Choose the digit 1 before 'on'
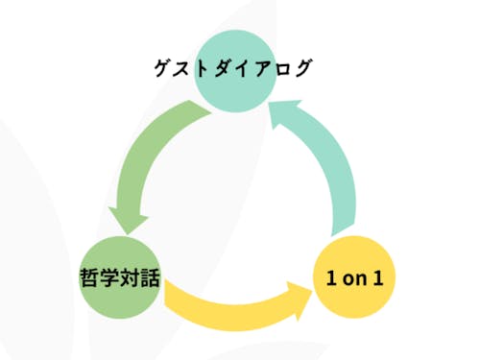point(332,280)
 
